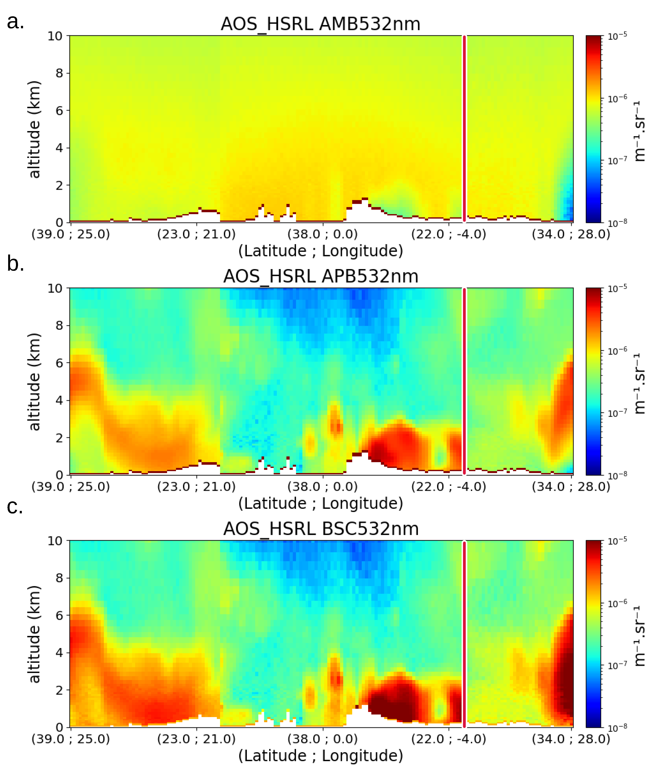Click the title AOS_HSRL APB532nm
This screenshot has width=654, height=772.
pyautogui.click(x=321, y=276)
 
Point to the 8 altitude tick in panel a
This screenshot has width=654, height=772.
pyautogui.click(x=59, y=73)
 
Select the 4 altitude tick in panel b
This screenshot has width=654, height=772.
pyautogui.click(x=59, y=400)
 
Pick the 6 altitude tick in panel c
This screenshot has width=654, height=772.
pyautogui.click(x=59, y=616)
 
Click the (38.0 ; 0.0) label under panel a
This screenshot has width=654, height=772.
pyautogui.click(x=323, y=234)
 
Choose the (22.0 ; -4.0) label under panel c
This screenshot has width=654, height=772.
pyautogui.click(x=449, y=739)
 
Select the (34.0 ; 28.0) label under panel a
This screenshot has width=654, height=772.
pyautogui.click(x=571, y=234)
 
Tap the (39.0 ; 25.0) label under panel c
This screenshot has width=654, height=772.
pyautogui.click(x=70, y=739)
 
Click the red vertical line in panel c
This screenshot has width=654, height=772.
pyautogui.click(x=464, y=631)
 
